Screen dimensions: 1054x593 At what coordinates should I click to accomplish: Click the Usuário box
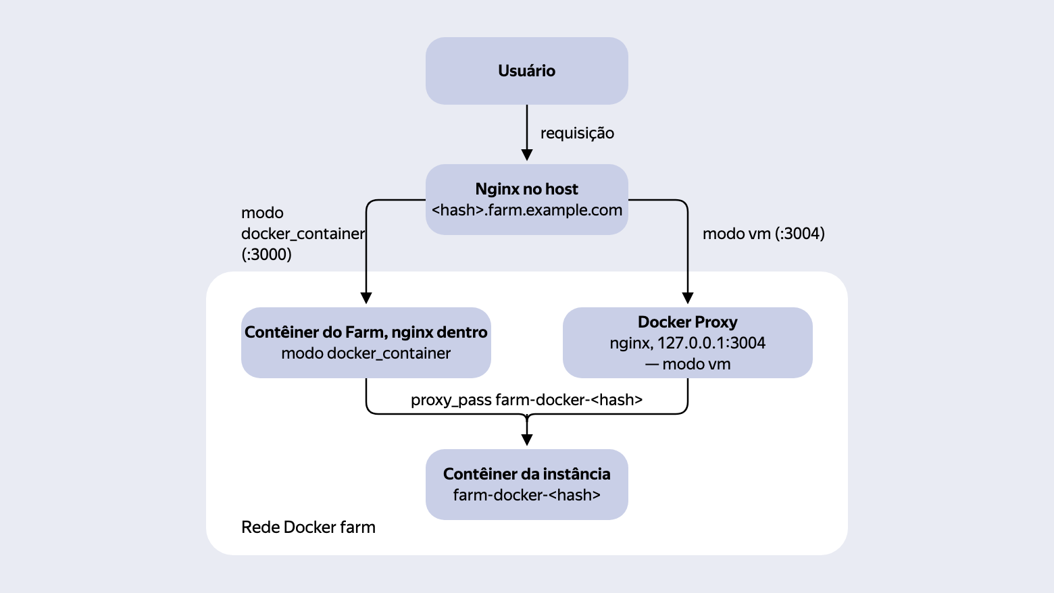[526, 71]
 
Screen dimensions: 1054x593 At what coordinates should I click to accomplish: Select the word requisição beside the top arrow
[577, 134]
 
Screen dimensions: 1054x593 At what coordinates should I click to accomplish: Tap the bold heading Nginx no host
[526, 189]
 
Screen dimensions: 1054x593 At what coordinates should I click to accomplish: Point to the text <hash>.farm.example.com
[526, 210]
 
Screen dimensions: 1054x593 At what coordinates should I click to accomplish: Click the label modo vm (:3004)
[763, 234]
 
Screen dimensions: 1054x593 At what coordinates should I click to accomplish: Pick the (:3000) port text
[266, 255]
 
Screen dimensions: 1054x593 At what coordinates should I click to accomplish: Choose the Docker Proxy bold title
[687, 322]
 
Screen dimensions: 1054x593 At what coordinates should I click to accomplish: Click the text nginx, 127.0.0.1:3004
[687, 343]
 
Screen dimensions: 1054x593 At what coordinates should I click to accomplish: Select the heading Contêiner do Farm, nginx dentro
[366, 332]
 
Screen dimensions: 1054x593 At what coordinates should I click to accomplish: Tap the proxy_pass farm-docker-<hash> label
[526, 400]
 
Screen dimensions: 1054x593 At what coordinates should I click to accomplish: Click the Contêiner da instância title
[526, 474]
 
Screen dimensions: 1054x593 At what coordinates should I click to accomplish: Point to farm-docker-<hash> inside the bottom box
[526, 495]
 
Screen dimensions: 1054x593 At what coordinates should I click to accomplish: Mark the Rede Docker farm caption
[308, 527]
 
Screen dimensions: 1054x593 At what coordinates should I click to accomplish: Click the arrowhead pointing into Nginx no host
[527, 155]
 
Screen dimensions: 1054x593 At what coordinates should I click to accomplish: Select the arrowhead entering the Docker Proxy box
[687, 298]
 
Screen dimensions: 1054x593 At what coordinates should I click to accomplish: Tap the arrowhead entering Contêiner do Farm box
[366, 298]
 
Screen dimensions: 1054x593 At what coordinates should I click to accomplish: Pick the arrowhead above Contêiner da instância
[527, 440]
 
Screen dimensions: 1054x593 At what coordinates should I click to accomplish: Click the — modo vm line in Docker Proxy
[687, 365]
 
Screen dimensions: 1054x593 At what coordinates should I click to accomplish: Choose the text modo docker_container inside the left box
[366, 354]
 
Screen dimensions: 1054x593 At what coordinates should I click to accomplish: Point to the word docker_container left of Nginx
[303, 234]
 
